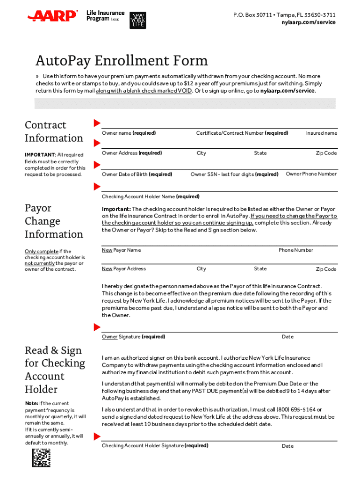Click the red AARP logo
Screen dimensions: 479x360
(52, 16)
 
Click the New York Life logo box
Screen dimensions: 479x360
(137, 18)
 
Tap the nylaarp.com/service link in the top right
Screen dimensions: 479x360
(311, 22)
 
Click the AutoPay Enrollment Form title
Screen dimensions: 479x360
(122, 61)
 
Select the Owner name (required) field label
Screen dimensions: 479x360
(129, 133)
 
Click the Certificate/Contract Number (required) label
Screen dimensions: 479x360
(242, 133)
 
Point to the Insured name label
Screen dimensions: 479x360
(321, 133)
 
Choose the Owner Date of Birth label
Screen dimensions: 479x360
(137, 174)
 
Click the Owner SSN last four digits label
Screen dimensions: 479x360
(234, 174)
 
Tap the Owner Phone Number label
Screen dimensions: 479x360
(311, 174)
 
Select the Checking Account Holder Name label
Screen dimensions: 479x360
(151, 196)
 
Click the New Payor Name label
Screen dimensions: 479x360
(121, 250)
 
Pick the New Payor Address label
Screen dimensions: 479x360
(124, 269)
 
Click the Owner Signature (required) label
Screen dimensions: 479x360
(133, 337)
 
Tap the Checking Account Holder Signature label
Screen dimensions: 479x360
(155, 446)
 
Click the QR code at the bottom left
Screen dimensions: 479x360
(41, 457)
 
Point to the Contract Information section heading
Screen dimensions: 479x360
(53, 131)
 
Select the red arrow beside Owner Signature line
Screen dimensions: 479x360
(97, 327)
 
